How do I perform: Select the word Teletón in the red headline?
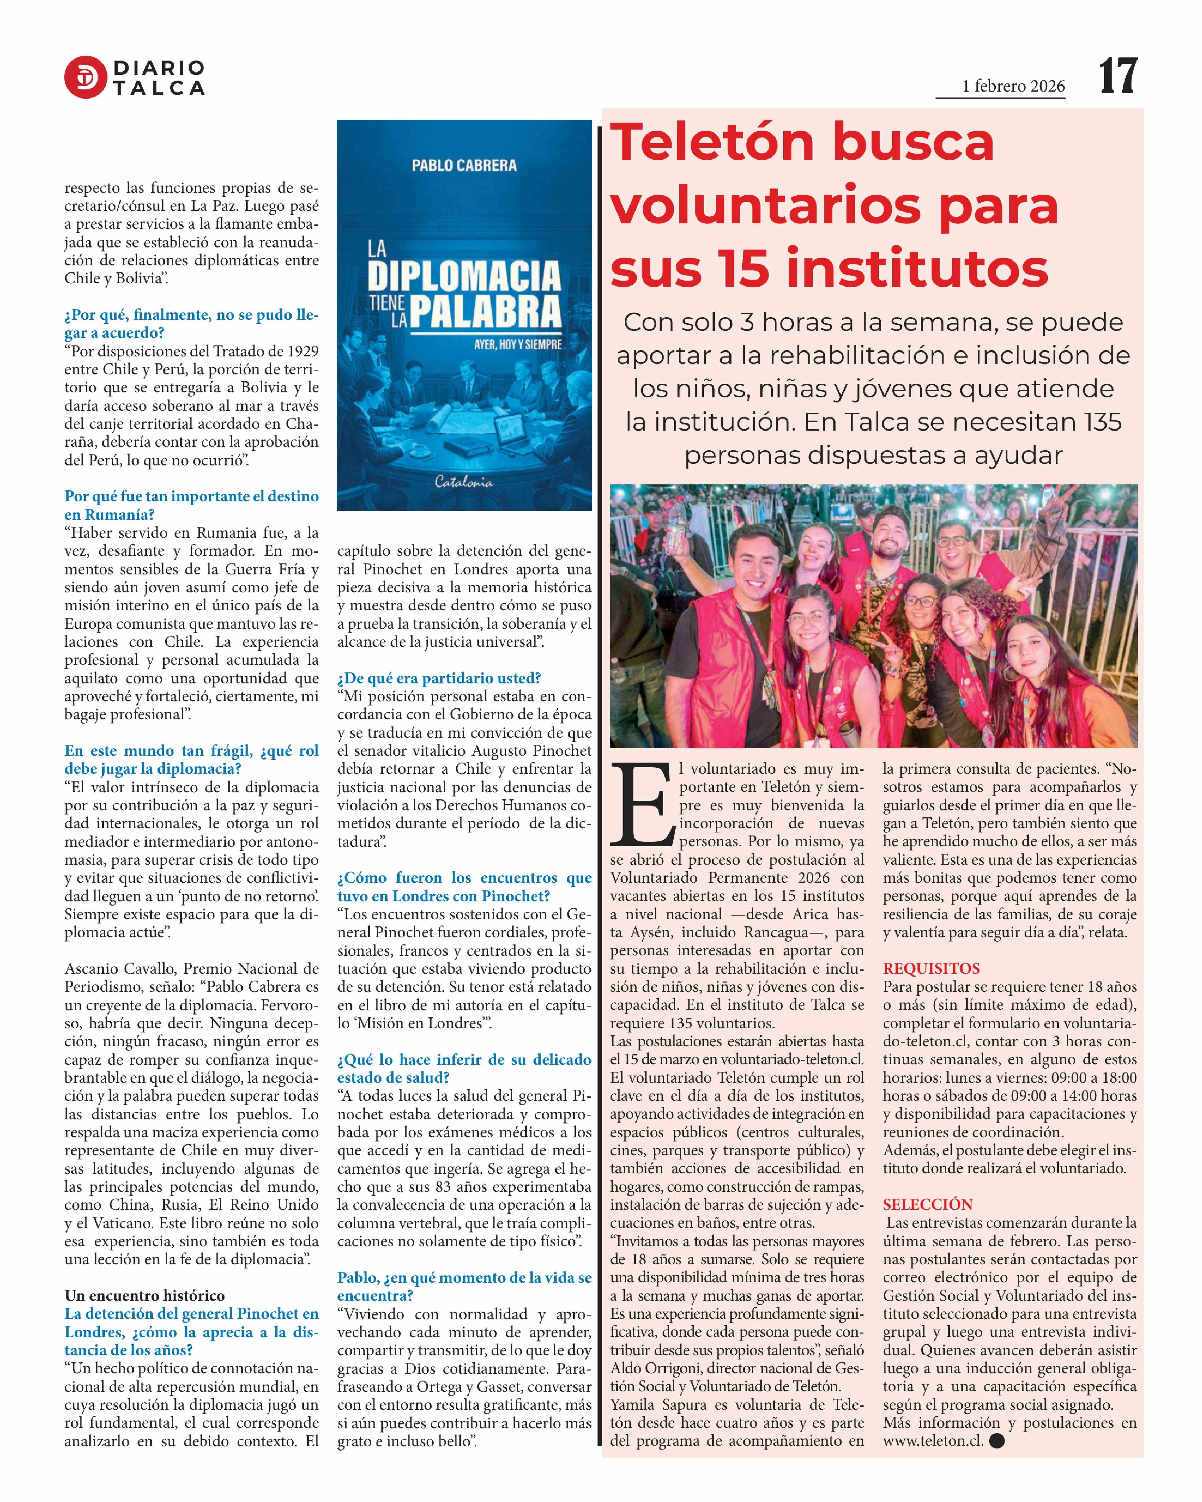click(x=712, y=143)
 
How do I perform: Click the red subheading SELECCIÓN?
click(x=927, y=1204)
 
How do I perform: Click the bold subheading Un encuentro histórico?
click(x=145, y=1296)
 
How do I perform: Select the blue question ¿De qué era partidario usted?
click(x=439, y=678)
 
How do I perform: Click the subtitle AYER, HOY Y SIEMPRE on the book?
click(x=518, y=344)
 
